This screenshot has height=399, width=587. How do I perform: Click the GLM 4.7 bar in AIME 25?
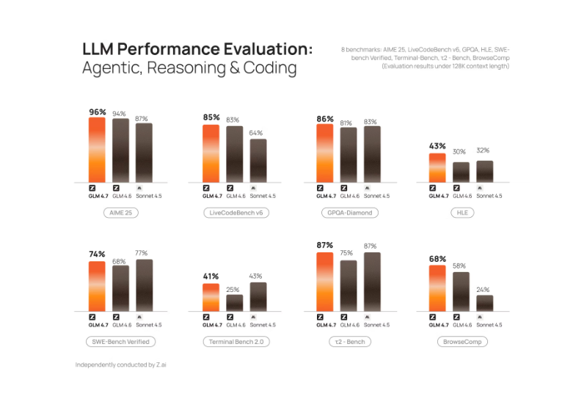(x=98, y=150)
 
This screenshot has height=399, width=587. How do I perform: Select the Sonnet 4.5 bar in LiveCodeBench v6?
(x=258, y=161)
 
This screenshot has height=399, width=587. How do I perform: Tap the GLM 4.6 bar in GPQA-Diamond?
(x=349, y=155)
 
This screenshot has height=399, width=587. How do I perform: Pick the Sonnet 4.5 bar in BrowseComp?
(x=485, y=302)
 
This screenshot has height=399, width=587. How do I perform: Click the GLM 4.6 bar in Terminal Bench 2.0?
(x=235, y=301)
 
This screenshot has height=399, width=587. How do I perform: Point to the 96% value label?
(x=98, y=112)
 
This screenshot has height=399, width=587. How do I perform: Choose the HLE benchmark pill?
(x=462, y=213)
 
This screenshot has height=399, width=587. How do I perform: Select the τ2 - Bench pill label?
(x=349, y=342)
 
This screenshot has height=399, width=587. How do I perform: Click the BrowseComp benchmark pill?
(x=462, y=342)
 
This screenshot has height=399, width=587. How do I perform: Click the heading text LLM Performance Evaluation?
(x=197, y=49)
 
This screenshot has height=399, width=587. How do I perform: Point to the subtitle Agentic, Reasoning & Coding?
(x=189, y=69)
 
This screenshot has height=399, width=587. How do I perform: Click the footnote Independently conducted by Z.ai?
(x=125, y=365)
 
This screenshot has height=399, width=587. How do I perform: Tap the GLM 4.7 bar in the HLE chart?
(x=437, y=167)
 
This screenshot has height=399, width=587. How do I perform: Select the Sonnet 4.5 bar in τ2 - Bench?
(x=372, y=281)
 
